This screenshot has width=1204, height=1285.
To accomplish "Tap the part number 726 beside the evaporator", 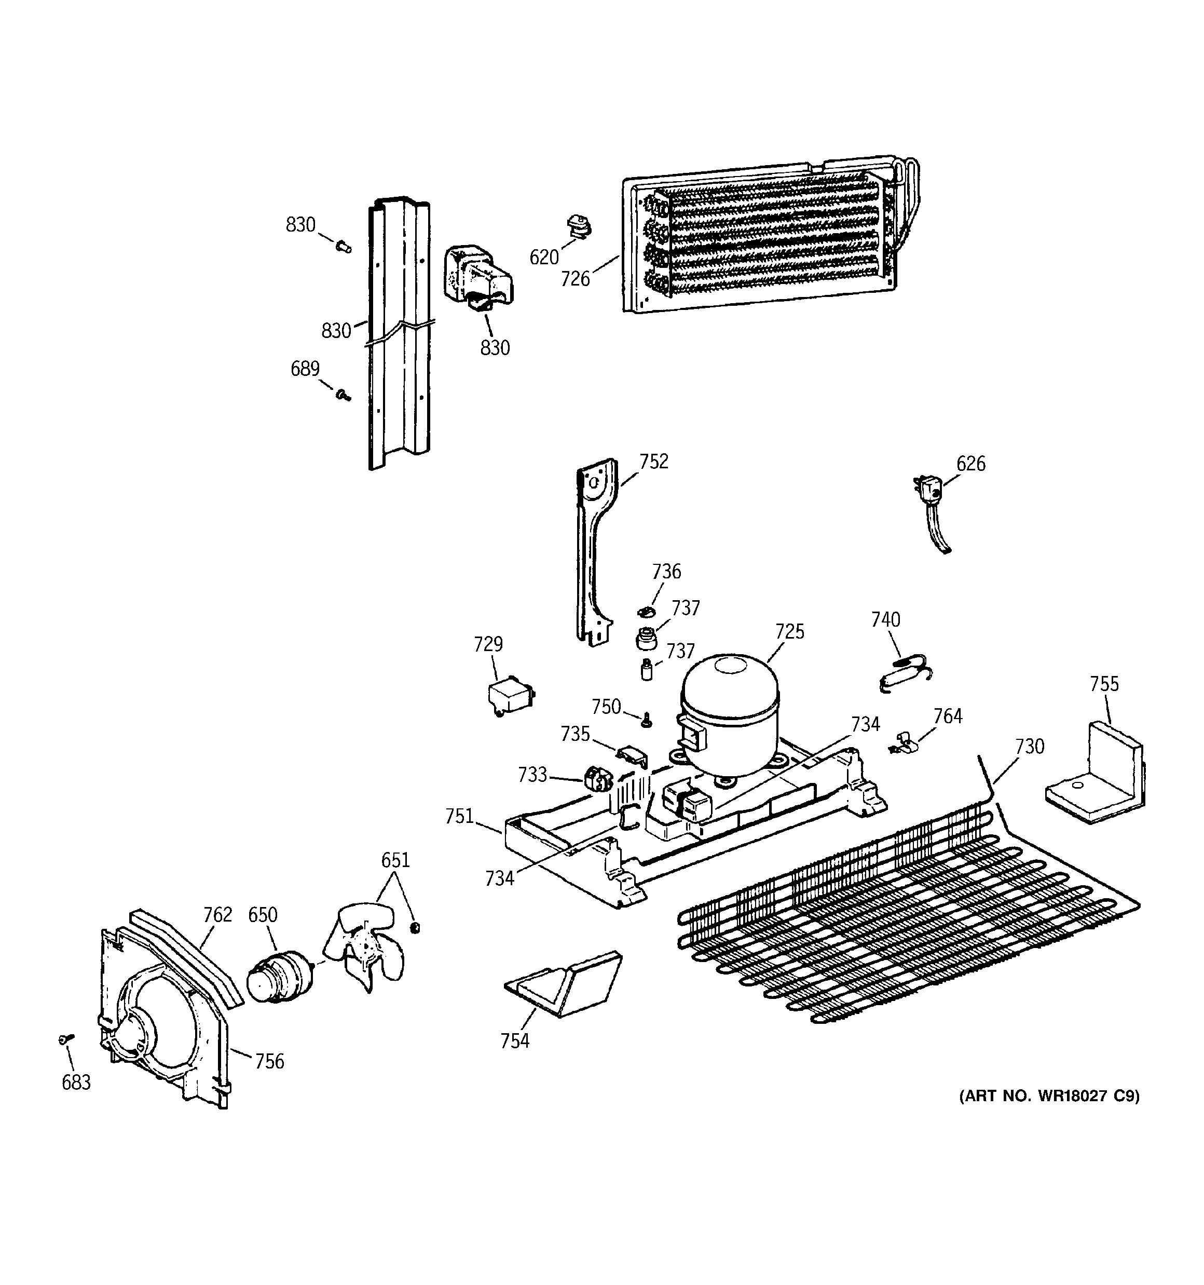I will (575, 279).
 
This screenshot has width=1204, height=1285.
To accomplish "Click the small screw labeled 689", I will (343, 394).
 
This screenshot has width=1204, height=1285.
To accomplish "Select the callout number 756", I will (269, 1061).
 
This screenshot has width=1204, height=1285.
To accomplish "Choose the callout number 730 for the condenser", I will (1030, 747).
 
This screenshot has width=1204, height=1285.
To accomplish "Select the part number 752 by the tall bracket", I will (653, 462).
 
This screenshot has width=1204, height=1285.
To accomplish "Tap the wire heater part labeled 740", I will (905, 672).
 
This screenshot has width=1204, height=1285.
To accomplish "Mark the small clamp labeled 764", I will (905, 743).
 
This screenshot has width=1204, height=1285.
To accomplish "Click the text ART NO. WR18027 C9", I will (1048, 1095).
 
